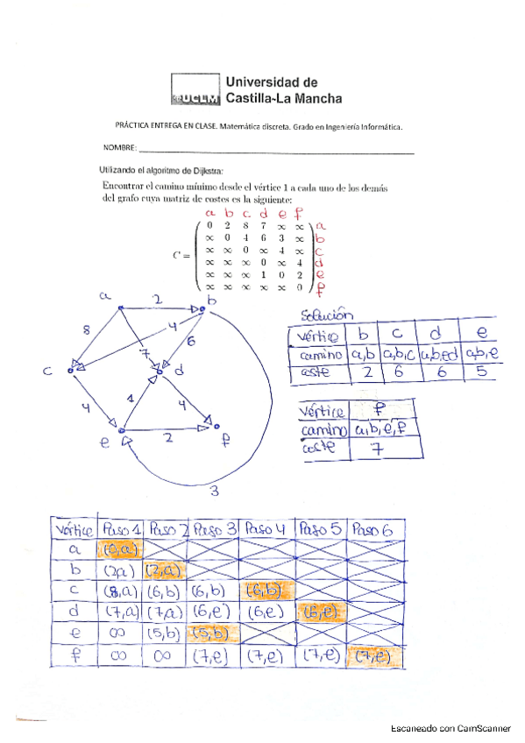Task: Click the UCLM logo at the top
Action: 197,90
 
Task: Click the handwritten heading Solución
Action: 326,315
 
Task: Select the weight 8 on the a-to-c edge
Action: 86,331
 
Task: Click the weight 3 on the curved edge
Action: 214,492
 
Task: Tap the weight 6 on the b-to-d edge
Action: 190,340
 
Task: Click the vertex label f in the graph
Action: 225,442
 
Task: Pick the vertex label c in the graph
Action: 49,372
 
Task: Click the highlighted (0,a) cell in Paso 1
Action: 117,550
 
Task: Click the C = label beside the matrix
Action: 182,255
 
